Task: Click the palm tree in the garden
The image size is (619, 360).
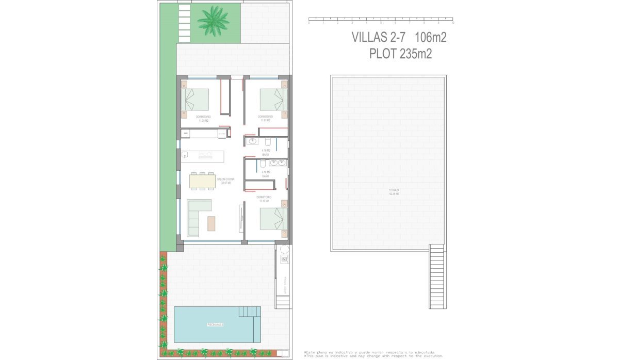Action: coord(213,21)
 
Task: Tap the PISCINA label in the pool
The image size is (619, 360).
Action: coord(215,324)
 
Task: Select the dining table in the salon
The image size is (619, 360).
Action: coord(202,181)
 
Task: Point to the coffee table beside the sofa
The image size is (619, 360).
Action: coord(211,223)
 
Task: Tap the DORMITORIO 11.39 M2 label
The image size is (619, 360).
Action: coord(203,119)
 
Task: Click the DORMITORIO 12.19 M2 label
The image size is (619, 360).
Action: coord(264,199)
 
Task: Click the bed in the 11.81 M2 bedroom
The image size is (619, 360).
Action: coord(271,100)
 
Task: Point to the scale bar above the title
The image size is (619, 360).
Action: coord(381,21)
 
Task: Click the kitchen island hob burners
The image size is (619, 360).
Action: coord(206,154)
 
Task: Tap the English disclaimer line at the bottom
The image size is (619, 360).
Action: coord(373,356)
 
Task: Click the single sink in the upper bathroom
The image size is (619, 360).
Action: coord(253,141)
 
